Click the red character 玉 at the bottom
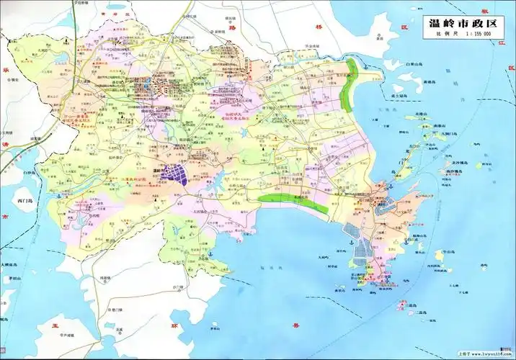(45, 326)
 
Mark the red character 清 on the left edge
(4, 163)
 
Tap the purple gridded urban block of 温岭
(175, 173)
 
